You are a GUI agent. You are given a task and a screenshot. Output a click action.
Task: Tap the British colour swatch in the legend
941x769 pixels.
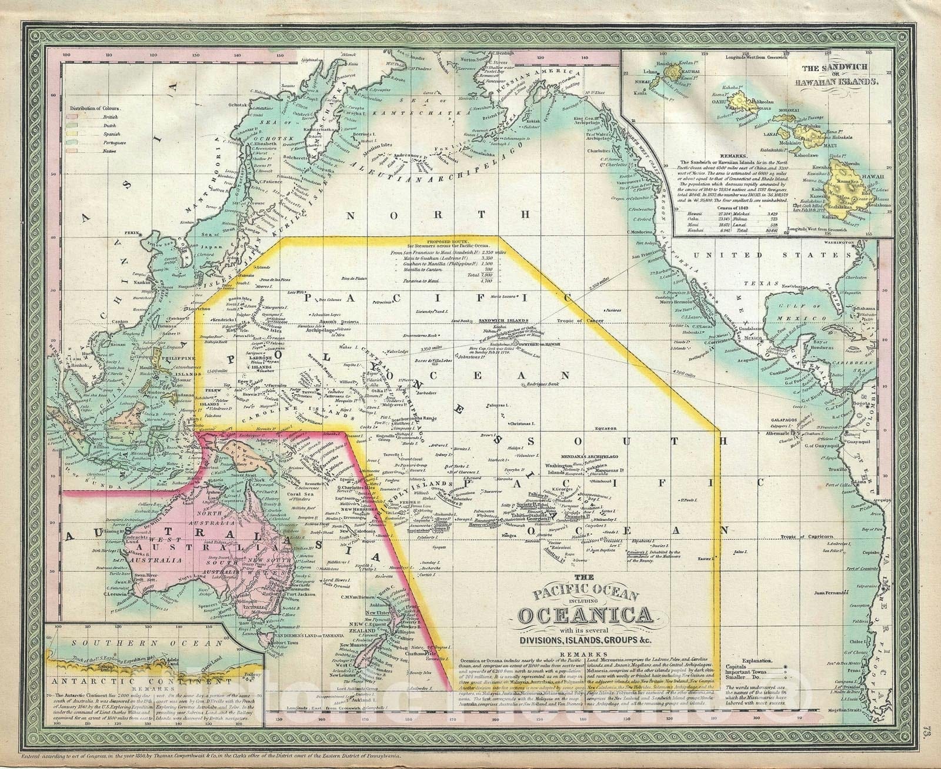pos(75,117)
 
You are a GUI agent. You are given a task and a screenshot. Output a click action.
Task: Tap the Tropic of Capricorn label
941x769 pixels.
pos(809,537)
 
